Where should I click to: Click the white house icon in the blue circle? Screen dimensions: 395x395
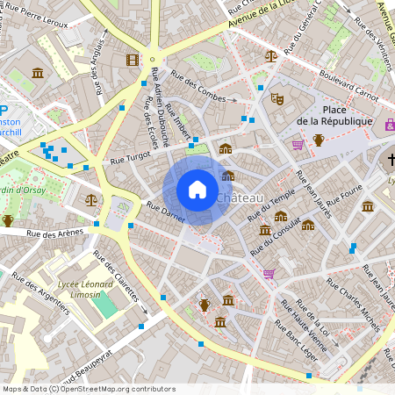click(197, 190)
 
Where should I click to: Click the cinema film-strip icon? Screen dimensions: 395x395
click(133, 60)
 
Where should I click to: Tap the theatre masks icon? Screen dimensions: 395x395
click(277, 99)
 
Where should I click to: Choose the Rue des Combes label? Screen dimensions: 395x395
click(198, 83)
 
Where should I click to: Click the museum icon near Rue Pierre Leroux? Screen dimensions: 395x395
click(38, 73)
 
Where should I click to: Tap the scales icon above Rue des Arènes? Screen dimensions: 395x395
click(92, 199)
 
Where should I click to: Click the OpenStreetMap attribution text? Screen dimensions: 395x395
click(88, 389)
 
